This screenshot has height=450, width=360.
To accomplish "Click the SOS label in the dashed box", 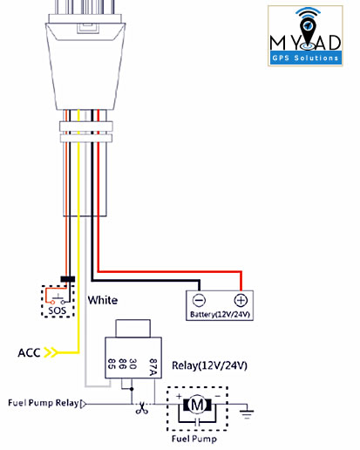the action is click(58, 310).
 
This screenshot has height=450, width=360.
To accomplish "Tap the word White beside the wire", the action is click(103, 300).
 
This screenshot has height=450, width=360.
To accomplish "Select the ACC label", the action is click(29, 352).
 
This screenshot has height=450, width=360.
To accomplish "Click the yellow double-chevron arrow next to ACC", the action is click(51, 352).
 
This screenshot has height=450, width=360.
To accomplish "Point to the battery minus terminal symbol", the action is click(200, 300).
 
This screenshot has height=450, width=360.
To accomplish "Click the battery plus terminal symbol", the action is click(241, 300).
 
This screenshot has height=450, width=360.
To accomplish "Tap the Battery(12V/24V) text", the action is click(220, 314).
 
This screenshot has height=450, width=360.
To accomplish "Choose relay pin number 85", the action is click(112, 364).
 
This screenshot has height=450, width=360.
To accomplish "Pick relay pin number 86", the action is click(122, 364).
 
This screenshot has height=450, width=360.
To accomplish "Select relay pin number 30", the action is click(132, 364).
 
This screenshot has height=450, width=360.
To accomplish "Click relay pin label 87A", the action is click(153, 367).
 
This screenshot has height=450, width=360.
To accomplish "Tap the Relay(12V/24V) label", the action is click(209, 365).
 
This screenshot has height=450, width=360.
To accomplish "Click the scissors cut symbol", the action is click(142, 408).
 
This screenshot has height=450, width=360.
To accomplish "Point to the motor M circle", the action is click(197, 405).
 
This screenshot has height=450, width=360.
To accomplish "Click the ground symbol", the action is click(247, 412).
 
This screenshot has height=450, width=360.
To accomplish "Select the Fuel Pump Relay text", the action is click(44, 403).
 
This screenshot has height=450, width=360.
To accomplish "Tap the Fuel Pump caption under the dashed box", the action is click(194, 439).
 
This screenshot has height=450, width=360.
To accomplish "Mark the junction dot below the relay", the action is click(132, 389).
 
